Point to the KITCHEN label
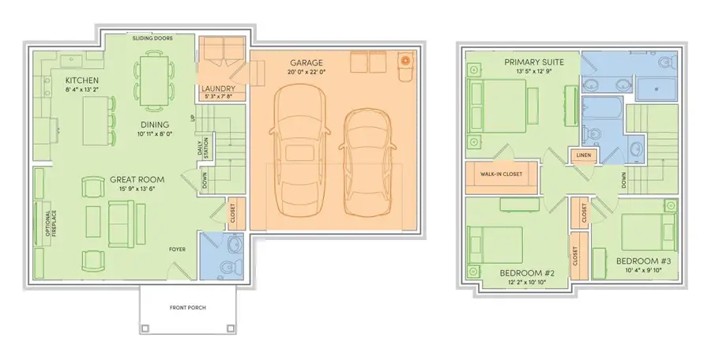click(82, 81)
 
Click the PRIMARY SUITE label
click(529, 62)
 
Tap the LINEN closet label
click(585, 155)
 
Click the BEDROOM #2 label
click(527, 273)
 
